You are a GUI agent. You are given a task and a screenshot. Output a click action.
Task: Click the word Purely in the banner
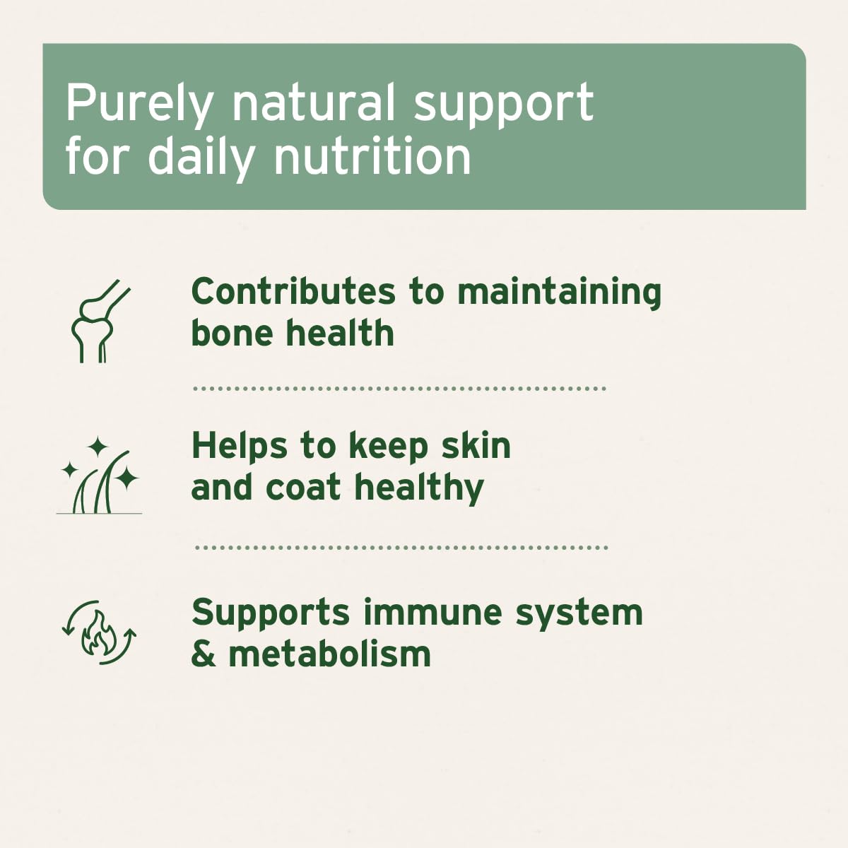[139, 105]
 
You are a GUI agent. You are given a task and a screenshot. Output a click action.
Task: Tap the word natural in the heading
[313, 102]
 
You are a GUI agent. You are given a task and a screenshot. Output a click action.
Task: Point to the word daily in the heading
[201, 158]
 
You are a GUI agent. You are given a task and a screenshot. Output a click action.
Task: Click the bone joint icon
[100, 321]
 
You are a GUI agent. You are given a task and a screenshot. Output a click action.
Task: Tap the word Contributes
[293, 291]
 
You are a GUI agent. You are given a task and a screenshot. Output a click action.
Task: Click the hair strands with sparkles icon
[99, 476]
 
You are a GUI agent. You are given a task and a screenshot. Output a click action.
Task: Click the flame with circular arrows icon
[99, 632]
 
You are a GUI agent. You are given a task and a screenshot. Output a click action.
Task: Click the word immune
[433, 613]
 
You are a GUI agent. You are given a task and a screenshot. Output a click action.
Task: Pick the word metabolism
[329, 654]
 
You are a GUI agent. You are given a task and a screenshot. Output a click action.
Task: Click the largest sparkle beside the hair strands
[126, 478]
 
